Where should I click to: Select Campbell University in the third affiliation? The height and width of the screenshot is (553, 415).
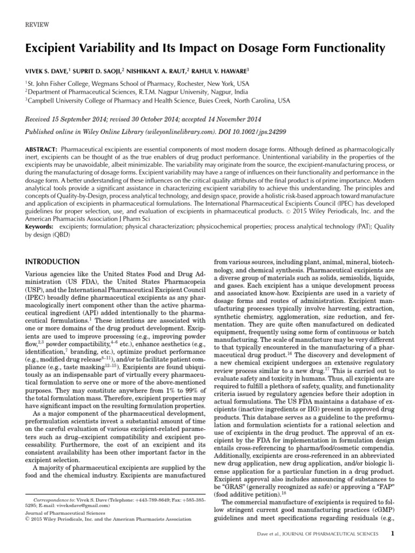pyautogui.click(x=54, y=100)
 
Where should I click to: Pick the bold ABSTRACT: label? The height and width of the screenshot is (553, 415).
pyautogui.click(x=42, y=149)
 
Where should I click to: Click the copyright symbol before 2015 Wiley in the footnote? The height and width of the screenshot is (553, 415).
pyautogui.click(x=28, y=519)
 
